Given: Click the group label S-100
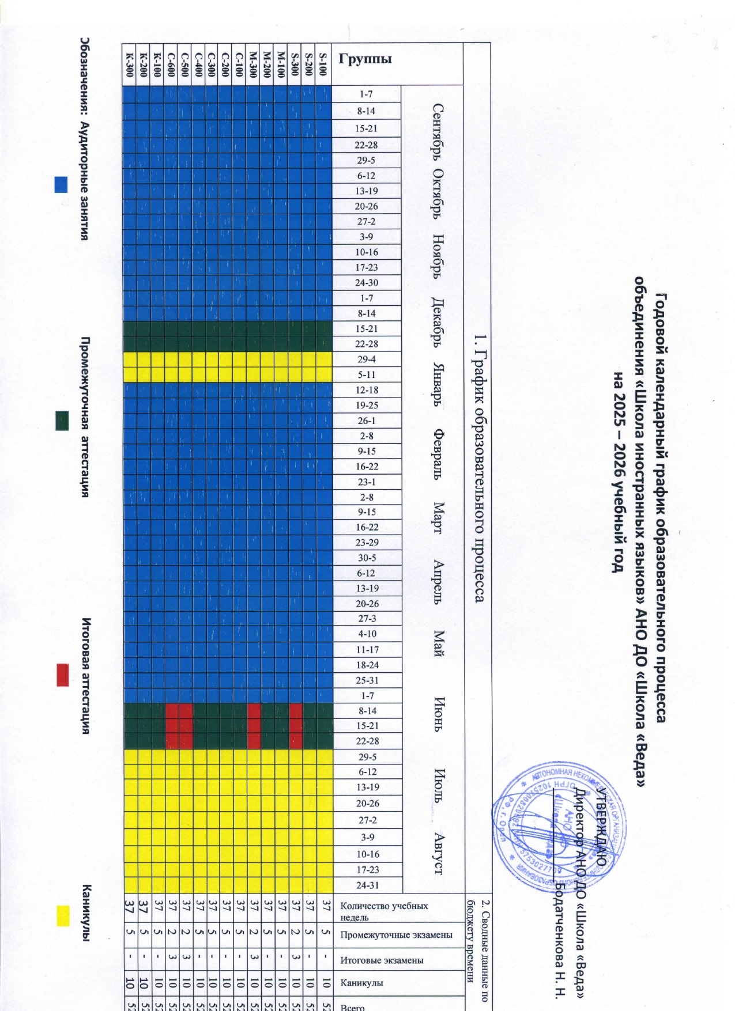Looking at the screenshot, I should [323, 64].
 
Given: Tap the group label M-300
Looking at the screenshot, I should [254, 64].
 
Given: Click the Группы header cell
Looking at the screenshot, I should [365, 58].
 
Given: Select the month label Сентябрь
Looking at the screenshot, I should [438, 133].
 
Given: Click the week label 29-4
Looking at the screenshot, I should [366, 359].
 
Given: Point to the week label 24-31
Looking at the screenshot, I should [367, 885].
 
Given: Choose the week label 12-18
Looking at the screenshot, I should [367, 389].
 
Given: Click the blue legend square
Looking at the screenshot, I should [61, 184].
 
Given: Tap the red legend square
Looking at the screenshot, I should [62, 675].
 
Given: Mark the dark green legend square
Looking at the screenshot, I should [62, 421].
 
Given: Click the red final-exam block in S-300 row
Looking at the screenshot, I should [296, 726].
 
